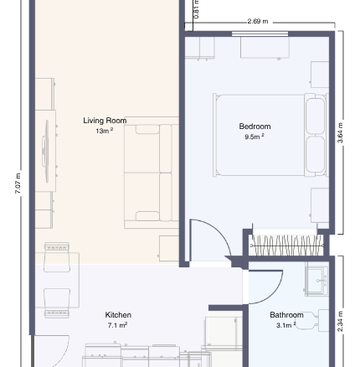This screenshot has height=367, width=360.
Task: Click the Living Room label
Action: click(105, 121)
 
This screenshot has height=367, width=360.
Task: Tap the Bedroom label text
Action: click(255, 127)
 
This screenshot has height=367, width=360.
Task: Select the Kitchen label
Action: click(118, 315)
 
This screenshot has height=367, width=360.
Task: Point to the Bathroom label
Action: click(286, 315)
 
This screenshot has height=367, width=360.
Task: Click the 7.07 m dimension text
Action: click(18, 183)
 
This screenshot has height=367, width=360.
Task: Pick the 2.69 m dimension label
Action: click(258, 21)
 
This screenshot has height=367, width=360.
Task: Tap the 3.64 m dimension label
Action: click(340, 132)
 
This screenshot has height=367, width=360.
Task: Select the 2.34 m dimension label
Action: click(340, 322)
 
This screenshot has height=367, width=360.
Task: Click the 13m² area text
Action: click(105, 131)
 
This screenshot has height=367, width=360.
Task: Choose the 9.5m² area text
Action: click(255, 137)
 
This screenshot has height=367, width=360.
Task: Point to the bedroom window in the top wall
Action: click(260, 34)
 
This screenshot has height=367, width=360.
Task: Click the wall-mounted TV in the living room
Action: click(46, 151)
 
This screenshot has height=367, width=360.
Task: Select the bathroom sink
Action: click(316, 279)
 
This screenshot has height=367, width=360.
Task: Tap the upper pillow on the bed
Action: click(316, 116)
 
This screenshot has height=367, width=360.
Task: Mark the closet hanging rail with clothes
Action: click(287, 246)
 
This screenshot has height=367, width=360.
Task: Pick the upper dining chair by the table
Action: click(57, 257)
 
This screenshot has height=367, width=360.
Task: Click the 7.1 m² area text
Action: click(118, 325)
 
